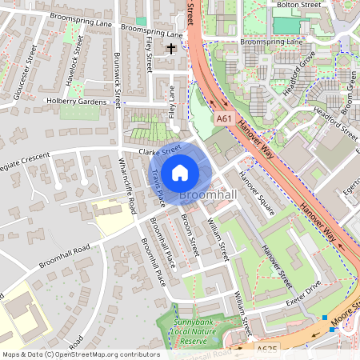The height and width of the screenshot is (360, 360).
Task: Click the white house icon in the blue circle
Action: pyautogui.click(x=180, y=173)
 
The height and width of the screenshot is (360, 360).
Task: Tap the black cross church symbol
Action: pyautogui.click(x=170, y=50)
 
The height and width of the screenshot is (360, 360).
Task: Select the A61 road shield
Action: pyautogui.click(x=225, y=118)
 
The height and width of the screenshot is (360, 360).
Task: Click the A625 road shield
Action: pyautogui.click(x=266, y=350)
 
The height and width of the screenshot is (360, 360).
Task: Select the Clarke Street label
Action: pyautogui.click(x=159, y=150)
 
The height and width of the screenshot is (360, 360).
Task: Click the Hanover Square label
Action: pyautogui.click(x=258, y=197)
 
